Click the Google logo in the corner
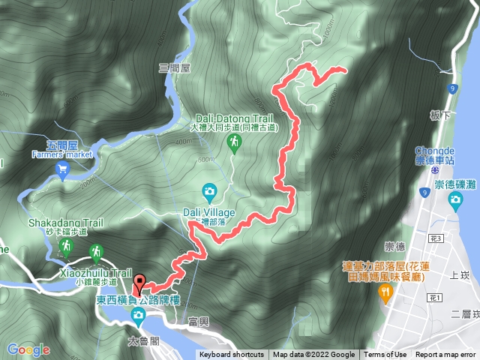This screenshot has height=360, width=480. point(28,349)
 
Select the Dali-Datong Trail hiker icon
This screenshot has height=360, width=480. point(234,142)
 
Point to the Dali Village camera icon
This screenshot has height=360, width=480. point(208,191)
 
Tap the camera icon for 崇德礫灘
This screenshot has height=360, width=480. point(455,199)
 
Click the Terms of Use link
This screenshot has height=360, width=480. point(385,355)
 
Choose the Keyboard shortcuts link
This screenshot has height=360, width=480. point(232,355)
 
